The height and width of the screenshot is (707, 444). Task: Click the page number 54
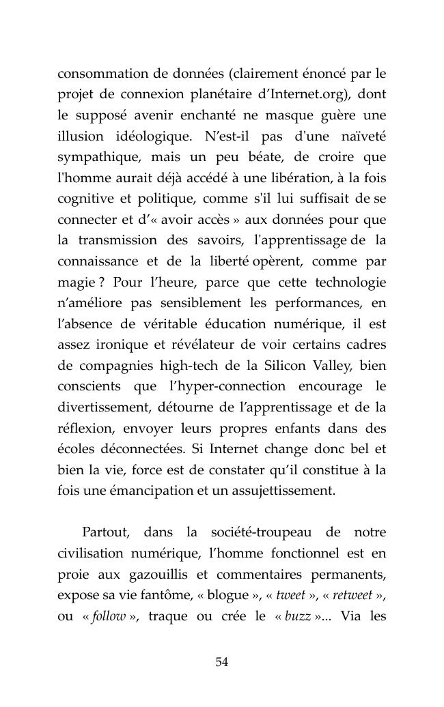(x=221, y=662)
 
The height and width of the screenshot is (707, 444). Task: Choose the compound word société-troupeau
(x=255, y=532)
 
